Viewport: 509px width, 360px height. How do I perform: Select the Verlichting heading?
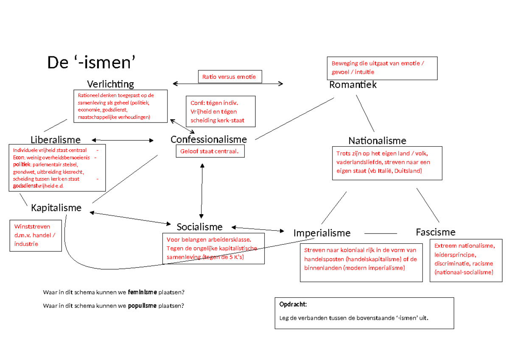coord(110,84)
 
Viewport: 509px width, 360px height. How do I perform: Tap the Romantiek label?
coord(353,85)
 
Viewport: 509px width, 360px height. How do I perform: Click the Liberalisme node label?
coord(56,140)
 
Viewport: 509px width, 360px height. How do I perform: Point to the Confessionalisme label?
coord(209,139)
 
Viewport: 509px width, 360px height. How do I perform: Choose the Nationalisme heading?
coord(377,140)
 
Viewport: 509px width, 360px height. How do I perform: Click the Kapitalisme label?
coord(56,208)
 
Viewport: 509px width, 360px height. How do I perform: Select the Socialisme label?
coord(199,227)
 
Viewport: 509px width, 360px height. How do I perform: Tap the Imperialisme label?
coord(322,233)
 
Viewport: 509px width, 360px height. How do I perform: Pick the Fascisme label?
coord(436,232)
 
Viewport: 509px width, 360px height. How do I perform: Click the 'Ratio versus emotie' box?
coord(229,77)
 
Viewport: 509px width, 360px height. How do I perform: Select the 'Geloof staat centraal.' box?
coord(210,151)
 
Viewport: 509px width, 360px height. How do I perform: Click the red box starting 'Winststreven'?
coord(36,235)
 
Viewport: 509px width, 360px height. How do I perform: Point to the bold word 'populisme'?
coord(143,306)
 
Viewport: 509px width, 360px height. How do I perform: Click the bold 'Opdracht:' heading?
coord(293,304)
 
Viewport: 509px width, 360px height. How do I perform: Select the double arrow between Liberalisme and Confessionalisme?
coord(123,140)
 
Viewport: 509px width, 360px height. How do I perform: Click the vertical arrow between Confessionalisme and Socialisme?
coord(202,191)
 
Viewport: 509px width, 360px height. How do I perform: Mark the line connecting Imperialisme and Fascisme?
coord(380,233)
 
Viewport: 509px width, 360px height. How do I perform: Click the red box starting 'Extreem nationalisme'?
coord(464,259)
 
